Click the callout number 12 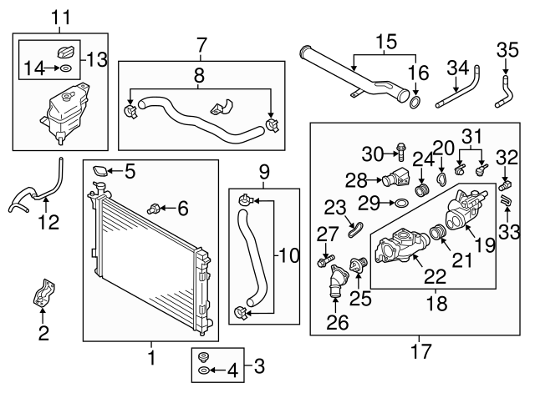pos(48,222)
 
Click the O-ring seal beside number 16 pos(415,103)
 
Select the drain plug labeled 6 pos(155,206)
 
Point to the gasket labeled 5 pos(99,173)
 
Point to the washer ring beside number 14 pos(64,67)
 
